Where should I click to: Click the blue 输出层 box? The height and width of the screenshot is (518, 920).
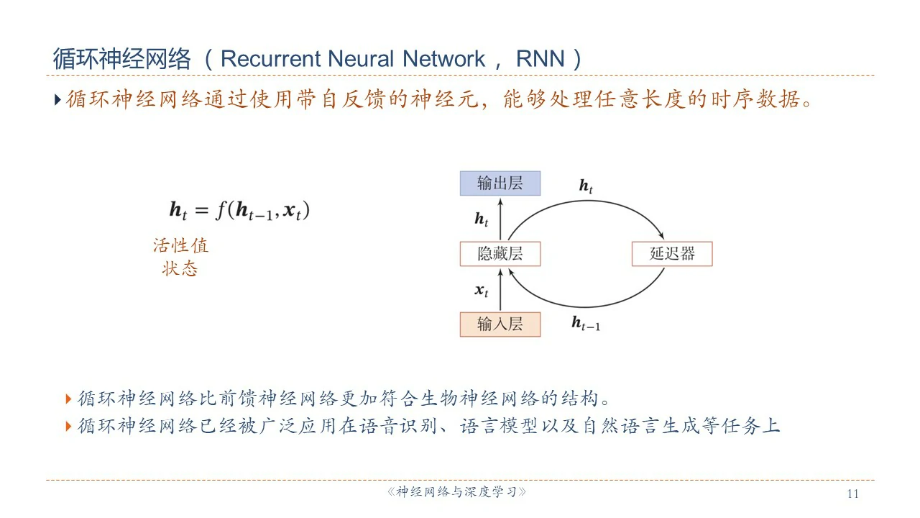500,183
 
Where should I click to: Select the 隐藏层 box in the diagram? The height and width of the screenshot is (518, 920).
500,254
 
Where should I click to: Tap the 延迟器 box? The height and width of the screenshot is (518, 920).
672,254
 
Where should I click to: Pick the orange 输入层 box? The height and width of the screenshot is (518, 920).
500,324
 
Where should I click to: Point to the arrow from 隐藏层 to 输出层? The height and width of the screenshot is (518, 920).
500,219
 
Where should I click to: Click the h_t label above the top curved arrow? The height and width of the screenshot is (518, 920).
586,186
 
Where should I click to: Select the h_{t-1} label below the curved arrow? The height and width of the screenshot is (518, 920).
585,324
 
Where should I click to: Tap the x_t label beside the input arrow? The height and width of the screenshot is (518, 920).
481,291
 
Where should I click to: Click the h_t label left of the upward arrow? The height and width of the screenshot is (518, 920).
481,219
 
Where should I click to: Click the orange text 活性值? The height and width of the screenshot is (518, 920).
180,245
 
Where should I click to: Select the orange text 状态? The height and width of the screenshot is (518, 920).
180,269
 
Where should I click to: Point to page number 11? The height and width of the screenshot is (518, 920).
853,494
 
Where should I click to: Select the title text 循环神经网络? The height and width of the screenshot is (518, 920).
121,59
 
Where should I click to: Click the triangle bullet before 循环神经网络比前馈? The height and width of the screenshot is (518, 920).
68,398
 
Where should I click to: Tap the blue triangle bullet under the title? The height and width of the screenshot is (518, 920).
58,99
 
